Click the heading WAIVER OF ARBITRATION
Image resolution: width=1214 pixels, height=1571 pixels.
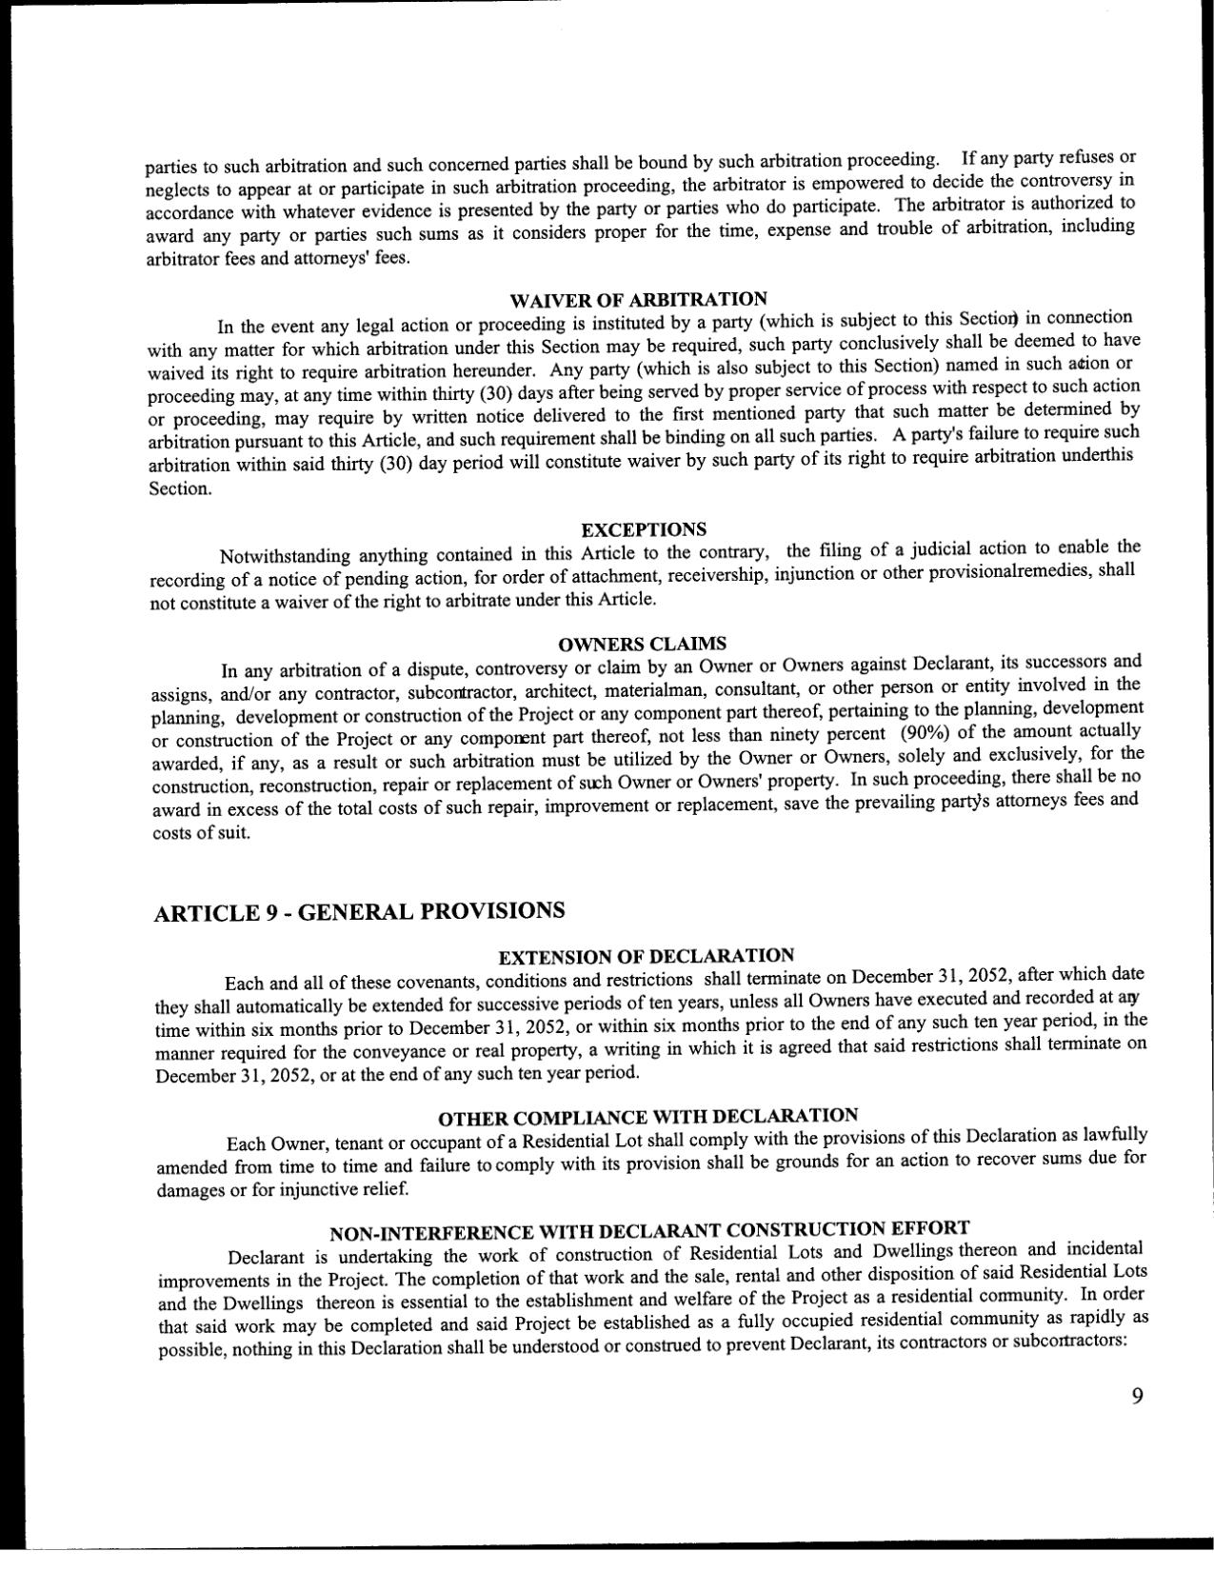pos(638,300)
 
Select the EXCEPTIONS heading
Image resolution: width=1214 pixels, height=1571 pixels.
pos(643,529)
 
